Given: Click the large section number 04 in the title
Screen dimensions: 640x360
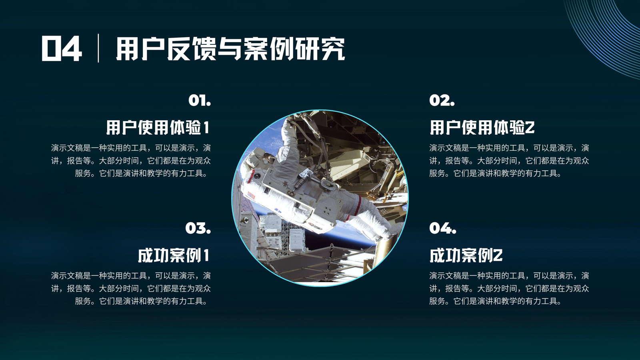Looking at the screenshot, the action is point(62,48).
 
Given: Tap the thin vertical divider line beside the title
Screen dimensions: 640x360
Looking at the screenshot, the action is point(98,48).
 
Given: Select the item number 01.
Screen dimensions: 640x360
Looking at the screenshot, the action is point(200,100).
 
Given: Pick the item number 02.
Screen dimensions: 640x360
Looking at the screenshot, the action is point(442,100).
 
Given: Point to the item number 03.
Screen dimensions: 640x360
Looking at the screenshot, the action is point(198,228).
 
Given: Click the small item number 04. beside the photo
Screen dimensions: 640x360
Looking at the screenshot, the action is point(442,228).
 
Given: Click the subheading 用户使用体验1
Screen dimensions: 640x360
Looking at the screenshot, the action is point(158,128).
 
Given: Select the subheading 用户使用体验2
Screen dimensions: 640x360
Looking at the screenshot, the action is point(482,128).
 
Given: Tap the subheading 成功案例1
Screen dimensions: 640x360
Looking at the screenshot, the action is point(174,255).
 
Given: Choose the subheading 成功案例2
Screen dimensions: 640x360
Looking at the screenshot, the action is point(466,255).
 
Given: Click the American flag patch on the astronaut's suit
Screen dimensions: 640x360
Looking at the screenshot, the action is point(251,196).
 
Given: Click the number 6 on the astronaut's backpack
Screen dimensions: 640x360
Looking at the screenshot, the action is point(290,194).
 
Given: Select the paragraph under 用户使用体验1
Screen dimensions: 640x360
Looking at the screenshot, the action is point(131,160).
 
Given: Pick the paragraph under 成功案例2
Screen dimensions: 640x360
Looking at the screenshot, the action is point(509,288).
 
